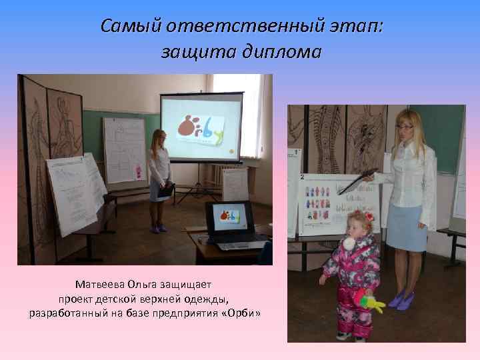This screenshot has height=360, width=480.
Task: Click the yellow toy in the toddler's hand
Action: [372, 304]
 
